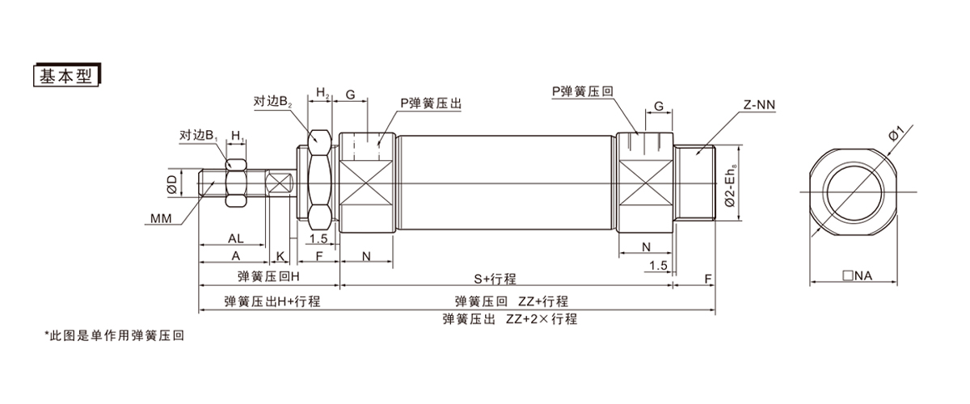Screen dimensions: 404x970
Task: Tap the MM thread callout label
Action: (x=160, y=218)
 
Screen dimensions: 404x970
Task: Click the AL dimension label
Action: (x=234, y=238)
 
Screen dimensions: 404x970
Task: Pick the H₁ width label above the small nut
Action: (x=238, y=134)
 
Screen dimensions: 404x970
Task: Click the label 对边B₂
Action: (x=272, y=102)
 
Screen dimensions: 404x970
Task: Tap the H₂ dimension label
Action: (x=322, y=94)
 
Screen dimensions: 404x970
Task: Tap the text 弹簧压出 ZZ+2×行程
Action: (x=510, y=318)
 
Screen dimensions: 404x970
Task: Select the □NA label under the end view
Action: (x=857, y=276)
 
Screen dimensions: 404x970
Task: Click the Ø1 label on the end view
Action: (x=895, y=132)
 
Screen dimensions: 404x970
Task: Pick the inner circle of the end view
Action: (x=855, y=191)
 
